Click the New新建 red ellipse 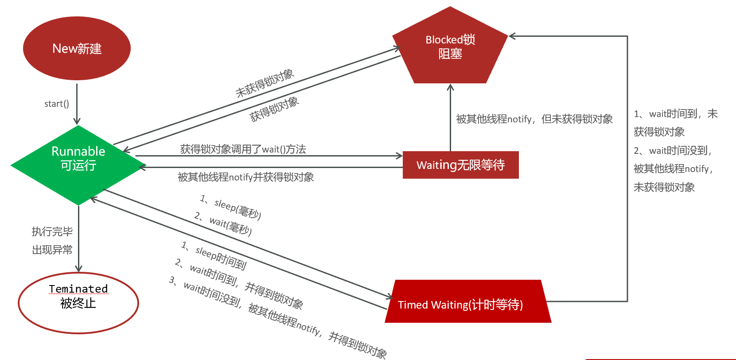77,48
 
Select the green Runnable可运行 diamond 78,165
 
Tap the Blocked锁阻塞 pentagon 450,45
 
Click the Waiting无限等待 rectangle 461,165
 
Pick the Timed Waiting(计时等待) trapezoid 468,301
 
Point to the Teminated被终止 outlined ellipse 78,303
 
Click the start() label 57,104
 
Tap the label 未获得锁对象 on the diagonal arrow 265,83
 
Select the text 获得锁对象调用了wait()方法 243,149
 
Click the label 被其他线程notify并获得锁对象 246,177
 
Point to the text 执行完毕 52,231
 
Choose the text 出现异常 52,250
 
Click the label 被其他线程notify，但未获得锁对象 534,119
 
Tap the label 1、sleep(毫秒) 231,207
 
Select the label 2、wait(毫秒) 223,224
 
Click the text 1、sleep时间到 214,255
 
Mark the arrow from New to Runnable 77,104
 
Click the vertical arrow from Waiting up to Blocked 451,117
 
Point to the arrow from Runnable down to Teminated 78,239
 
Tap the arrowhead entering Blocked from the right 512,36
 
